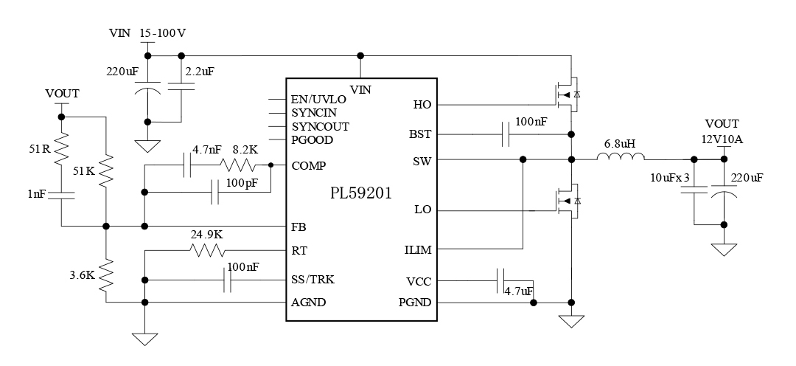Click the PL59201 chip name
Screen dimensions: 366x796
(360, 194)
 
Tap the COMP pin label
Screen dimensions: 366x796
(310, 165)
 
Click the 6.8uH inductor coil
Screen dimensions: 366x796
(620, 157)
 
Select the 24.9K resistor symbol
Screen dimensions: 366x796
(207, 251)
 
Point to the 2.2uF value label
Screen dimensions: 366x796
(200, 72)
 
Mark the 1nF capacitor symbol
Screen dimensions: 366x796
(62, 196)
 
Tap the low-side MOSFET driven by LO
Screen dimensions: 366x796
(566, 200)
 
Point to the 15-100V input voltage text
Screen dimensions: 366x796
(163, 33)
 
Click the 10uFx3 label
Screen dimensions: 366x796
(670, 178)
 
